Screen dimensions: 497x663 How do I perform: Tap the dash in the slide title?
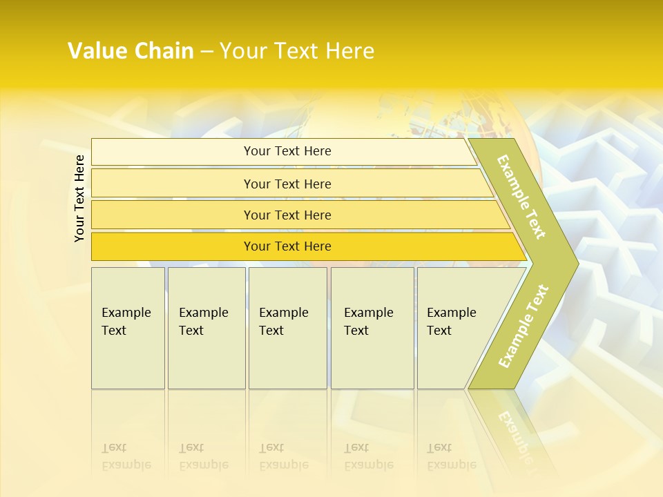(x=206, y=52)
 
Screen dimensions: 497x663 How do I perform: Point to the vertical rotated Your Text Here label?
(x=79, y=198)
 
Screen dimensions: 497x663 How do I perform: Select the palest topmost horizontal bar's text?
(x=287, y=151)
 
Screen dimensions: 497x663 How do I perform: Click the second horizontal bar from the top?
(x=287, y=184)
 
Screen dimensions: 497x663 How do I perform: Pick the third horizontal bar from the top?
(x=287, y=215)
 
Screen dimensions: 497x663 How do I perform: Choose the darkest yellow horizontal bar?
(x=287, y=246)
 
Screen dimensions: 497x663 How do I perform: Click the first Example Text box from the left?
(x=128, y=328)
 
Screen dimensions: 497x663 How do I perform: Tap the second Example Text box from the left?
(x=206, y=328)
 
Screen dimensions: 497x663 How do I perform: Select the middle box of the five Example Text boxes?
(x=287, y=328)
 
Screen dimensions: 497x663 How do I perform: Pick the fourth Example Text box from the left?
(x=372, y=328)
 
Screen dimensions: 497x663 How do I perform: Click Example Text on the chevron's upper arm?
(x=521, y=197)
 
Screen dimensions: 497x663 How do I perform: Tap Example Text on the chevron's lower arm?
(x=523, y=326)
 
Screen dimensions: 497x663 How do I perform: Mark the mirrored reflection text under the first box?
(x=126, y=456)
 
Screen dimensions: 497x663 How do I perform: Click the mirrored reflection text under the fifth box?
(x=451, y=456)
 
